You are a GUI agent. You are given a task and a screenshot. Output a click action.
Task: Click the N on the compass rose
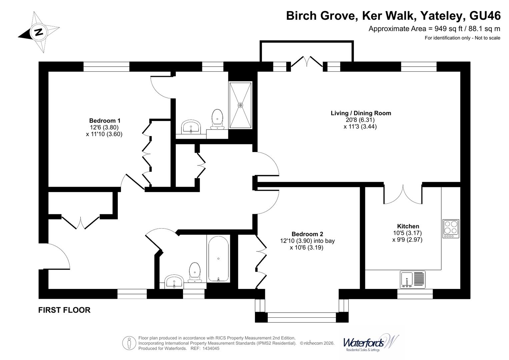pyautogui.click(x=39, y=32)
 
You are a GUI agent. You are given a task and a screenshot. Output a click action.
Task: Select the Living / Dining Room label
pyautogui.click(x=361, y=113)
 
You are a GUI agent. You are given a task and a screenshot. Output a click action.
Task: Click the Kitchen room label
pyautogui.click(x=408, y=226)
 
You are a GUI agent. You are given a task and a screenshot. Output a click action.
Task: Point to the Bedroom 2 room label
pyautogui.click(x=307, y=234)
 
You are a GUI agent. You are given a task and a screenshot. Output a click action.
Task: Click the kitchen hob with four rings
pyautogui.click(x=451, y=229)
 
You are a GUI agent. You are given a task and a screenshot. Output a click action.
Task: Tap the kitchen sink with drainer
pyautogui.click(x=413, y=280)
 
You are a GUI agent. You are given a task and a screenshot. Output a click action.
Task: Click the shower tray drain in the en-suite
pyautogui.click(x=240, y=105)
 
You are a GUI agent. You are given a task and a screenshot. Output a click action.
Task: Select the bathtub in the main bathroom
pyautogui.click(x=218, y=259)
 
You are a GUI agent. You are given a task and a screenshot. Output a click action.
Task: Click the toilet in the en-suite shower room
pyautogui.click(x=217, y=119)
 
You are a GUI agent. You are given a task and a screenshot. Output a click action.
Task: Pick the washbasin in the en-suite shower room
pyautogui.click(x=191, y=127)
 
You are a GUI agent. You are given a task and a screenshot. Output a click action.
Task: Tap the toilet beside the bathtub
pyautogui.click(x=195, y=273)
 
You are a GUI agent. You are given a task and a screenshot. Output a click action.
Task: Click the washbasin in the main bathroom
pyautogui.click(x=174, y=282)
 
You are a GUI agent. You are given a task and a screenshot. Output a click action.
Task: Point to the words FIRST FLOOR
pyautogui.click(x=64, y=310)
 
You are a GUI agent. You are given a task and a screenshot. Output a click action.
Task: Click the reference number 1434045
pyautogui.click(x=211, y=348)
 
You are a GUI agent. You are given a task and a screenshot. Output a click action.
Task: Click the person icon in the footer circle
pyautogui.click(x=129, y=343)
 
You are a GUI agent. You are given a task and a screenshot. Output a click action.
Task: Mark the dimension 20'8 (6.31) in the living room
pyautogui.click(x=360, y=120)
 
